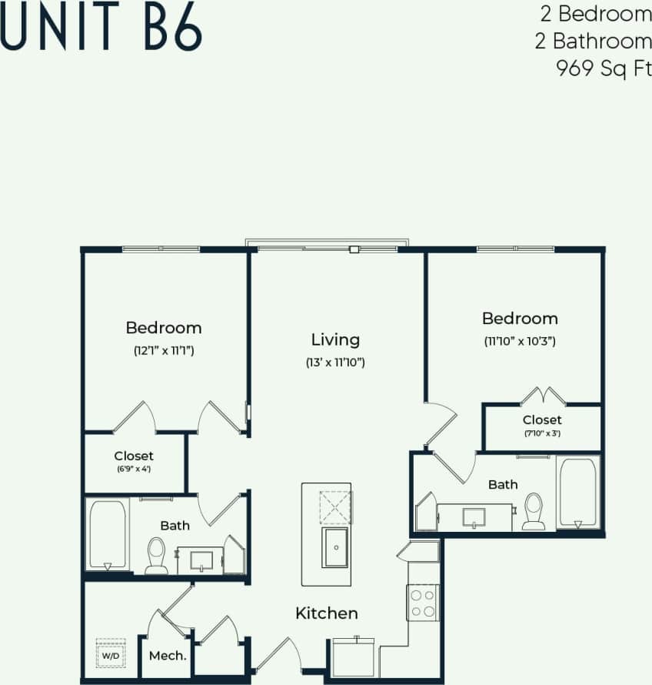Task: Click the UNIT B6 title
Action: point(101,29)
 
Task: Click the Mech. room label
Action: point(168,656)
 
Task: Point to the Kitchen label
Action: point(327,613)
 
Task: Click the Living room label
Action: point(335,339)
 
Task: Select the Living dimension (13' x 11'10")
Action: point(335,362)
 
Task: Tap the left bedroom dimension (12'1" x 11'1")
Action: point(163,351)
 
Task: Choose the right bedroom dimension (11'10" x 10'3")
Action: point(520,340)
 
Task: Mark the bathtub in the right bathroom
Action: point(577,492)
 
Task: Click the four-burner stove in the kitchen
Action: point(422,603)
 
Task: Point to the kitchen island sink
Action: point(335,546)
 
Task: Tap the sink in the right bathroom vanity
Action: point(474,516)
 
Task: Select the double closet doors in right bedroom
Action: point(543,397)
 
